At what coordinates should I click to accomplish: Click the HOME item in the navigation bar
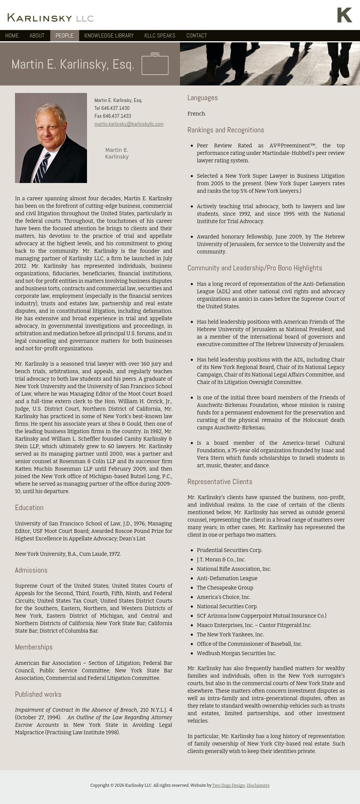12,36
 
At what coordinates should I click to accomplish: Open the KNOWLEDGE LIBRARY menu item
109,36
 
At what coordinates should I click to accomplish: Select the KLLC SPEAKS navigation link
160,36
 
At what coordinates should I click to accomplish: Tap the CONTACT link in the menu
196,36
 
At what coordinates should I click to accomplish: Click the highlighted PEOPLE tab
64,36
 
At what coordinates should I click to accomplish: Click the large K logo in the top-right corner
344,15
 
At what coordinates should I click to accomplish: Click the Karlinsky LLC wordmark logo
50,18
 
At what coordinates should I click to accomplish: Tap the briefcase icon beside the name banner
155,64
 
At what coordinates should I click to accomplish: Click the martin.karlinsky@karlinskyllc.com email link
129,124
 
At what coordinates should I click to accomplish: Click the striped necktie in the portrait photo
42,167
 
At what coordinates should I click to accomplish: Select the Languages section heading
202,98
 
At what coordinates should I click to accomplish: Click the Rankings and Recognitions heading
226,130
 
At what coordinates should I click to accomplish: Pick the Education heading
29,508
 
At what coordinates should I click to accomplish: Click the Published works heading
38,694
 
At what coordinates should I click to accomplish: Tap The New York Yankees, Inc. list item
230,634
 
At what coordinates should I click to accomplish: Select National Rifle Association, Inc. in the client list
234,569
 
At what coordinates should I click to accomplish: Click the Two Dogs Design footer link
228,785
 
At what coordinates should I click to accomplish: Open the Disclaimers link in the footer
258,785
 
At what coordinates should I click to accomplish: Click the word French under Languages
196,114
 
